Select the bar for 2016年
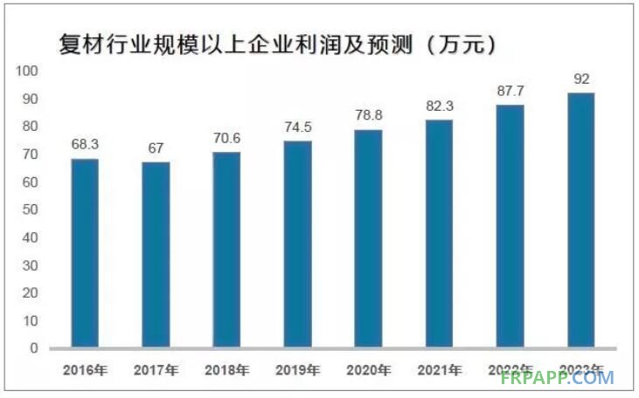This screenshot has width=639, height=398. click(85, 253)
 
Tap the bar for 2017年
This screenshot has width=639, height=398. click(156, 255)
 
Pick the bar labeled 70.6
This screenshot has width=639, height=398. click(226, 250)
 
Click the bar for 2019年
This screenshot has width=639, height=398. click(297, 244)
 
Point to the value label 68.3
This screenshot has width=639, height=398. click(85, 142)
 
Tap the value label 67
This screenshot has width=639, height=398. click(156, 148)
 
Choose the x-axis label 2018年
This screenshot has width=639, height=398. click(226, 370)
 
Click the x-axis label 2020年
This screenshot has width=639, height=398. click(368, 370)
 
